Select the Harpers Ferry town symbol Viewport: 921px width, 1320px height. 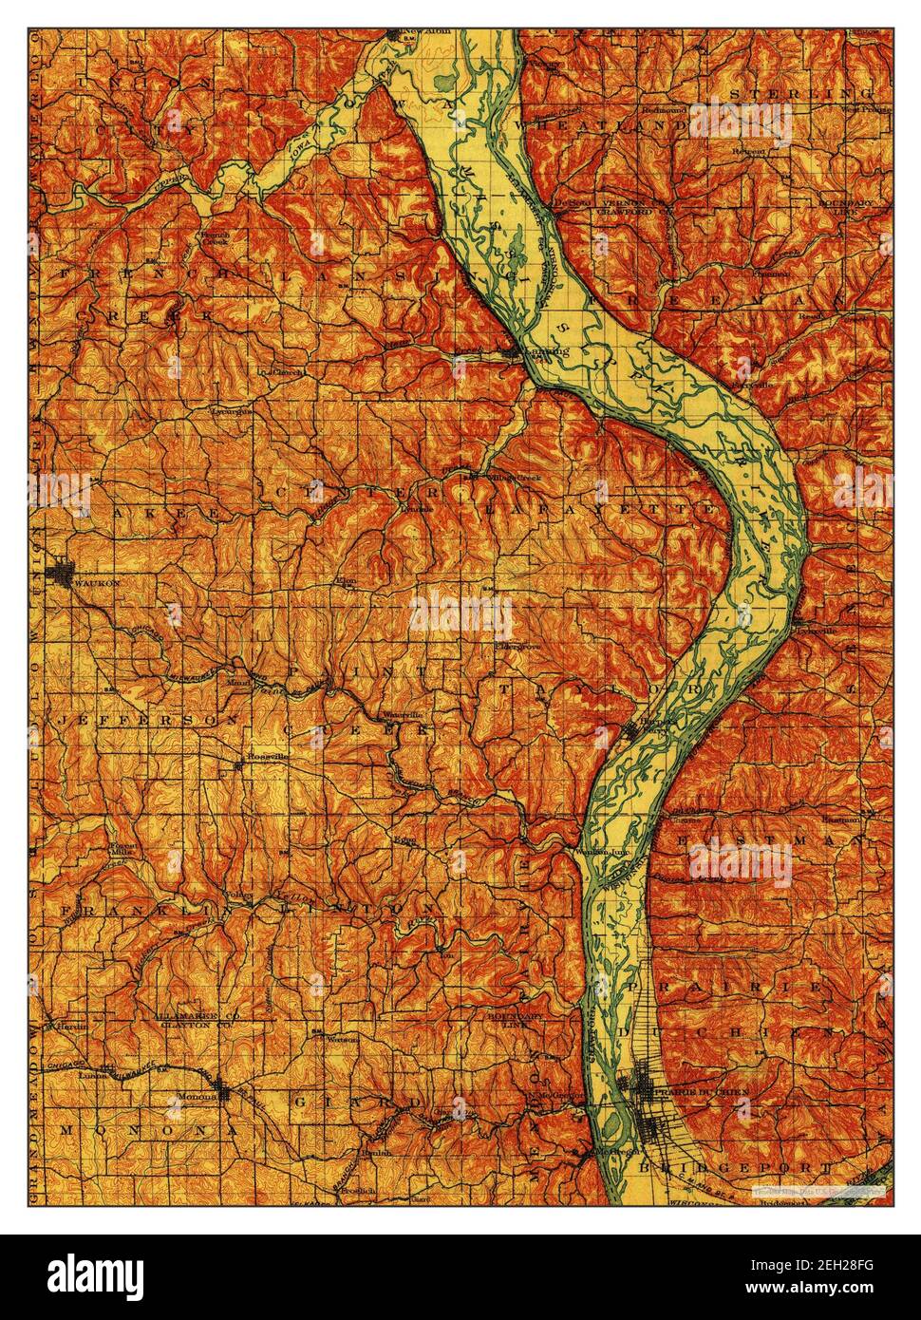tap(632, 730)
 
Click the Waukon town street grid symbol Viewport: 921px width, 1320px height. tap(64, 574)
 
